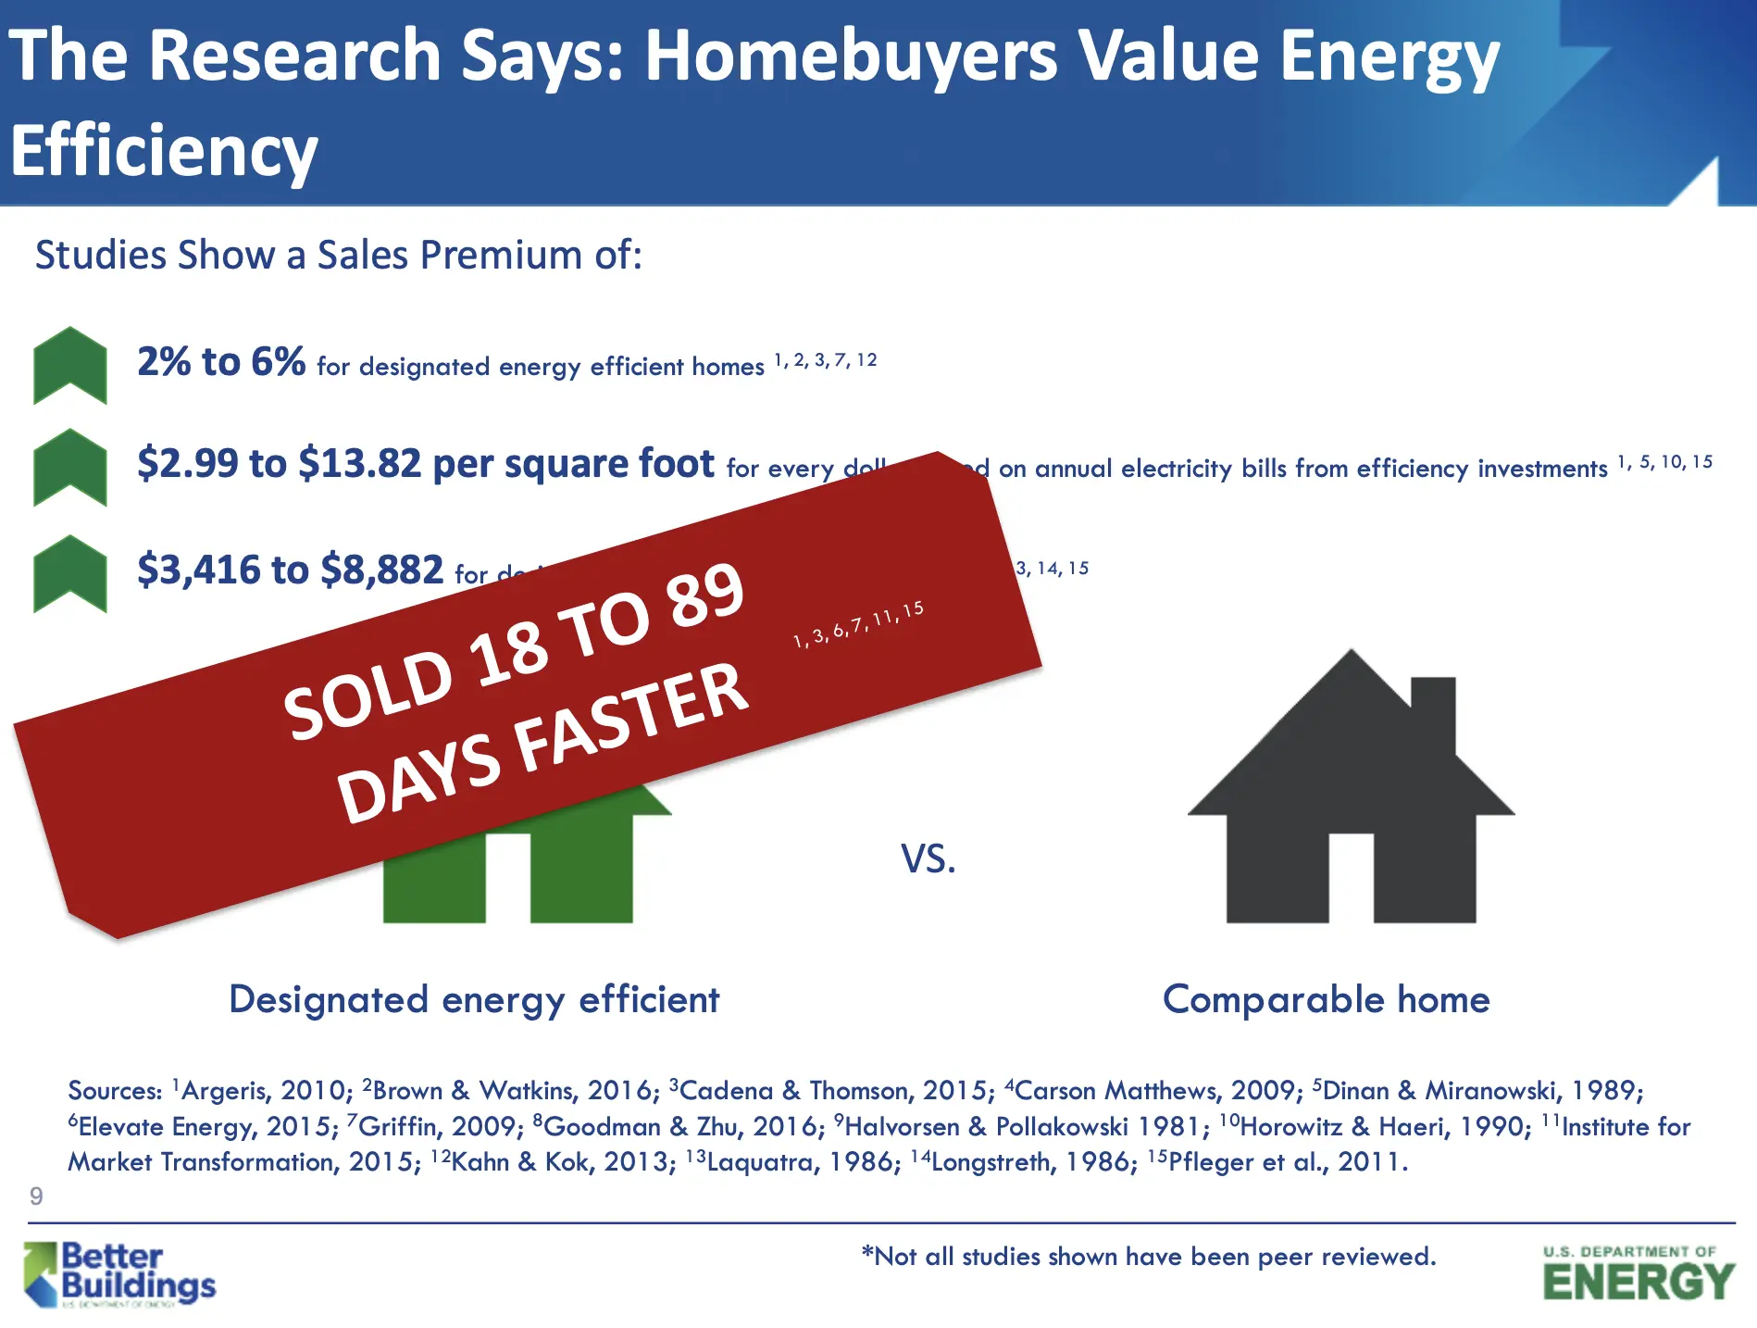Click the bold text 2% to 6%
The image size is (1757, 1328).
[221, 362]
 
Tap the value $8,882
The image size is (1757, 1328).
[381, 570]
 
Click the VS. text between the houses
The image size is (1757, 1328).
[928, 860]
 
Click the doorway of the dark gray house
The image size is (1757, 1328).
[1351, 877]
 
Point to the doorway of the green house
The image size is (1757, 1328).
[507, 877]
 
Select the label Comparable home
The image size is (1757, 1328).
[1326, 1000]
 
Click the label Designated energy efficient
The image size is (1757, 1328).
[474, 1000]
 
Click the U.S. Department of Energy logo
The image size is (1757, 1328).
[1638, 1274]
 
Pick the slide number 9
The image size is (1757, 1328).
[36, 1196]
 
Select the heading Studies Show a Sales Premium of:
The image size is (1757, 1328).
[339, 256]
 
